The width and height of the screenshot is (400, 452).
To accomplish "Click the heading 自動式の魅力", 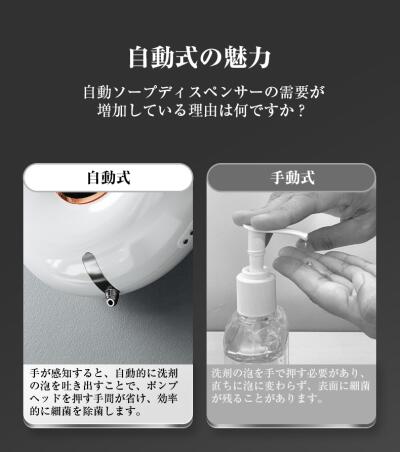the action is (200, 57).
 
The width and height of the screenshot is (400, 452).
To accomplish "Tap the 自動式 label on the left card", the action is (109, 177).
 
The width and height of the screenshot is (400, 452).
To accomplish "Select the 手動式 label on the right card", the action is (292, 177).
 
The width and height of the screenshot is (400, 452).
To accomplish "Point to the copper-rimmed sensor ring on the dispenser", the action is (81, 197).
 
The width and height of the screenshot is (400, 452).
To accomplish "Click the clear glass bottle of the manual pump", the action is (256, 337).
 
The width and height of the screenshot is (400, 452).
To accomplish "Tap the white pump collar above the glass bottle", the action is (256, 289).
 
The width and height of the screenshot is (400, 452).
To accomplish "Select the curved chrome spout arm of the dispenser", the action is (97, 273).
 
